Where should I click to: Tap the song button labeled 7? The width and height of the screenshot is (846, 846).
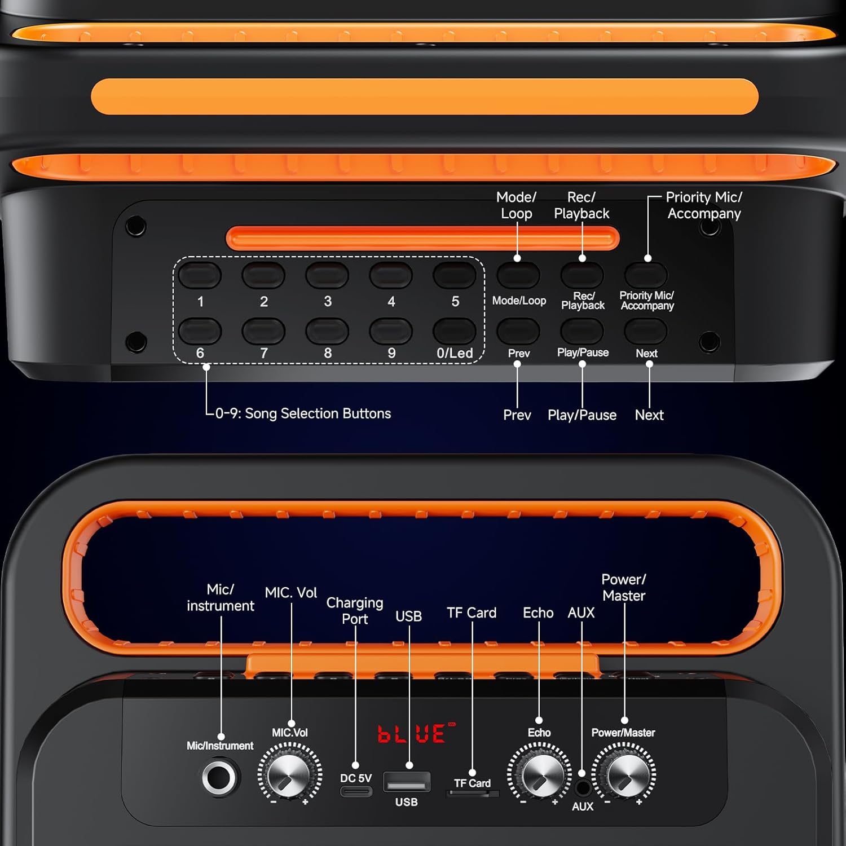[263, 331]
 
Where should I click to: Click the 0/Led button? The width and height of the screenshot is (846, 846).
[455, 331]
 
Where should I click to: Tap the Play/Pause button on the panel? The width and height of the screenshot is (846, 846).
[582, 331]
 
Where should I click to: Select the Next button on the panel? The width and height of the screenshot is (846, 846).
[646, 331]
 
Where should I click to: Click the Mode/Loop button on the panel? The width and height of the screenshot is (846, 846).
[518, 275]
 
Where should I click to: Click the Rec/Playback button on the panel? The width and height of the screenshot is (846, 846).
[582, 275]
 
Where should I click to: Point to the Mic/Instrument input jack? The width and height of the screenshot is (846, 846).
[220, 778]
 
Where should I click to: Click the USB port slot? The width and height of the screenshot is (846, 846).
[407, 782]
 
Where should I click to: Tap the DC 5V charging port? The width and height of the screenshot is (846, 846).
[356, 791]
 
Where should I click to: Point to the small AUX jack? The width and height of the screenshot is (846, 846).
[582, 787]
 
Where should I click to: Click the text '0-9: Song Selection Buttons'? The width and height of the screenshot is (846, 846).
[303, 413]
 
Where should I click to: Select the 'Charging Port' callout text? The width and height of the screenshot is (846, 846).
[355, 611]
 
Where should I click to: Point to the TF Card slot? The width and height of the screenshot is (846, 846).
[473, 794]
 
